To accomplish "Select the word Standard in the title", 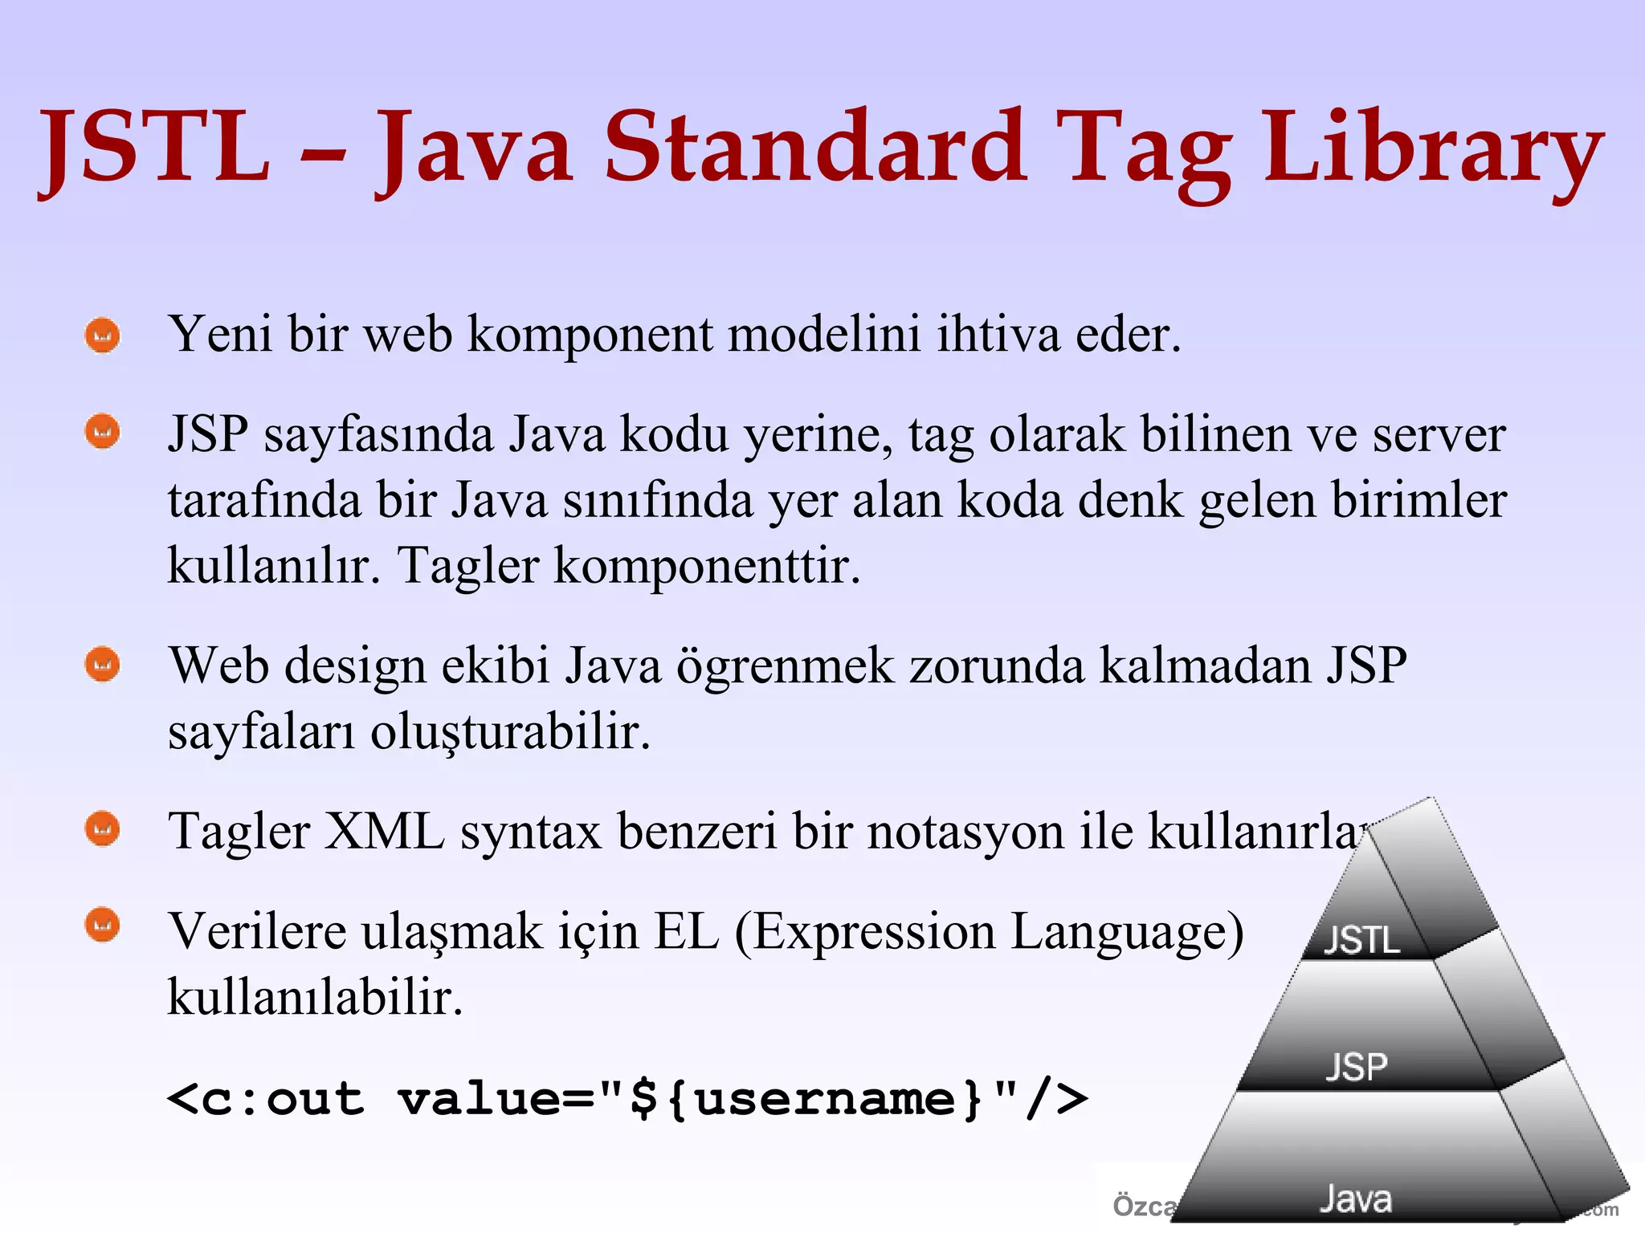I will [x=814, y=146].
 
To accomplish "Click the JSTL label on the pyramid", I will [x=1362, y=940].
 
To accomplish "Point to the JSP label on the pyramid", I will [x=1357, y=1067].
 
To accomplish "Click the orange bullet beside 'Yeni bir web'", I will [x=103, y=336].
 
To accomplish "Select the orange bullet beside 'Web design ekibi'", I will [x=103, y=665].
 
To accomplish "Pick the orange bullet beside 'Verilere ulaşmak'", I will [x=103, y=925].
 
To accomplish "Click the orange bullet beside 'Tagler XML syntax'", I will [x=103, y=829].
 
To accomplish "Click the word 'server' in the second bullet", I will [x=1439, y=435].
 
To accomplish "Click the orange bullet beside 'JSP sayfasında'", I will [x=103, y=432].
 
